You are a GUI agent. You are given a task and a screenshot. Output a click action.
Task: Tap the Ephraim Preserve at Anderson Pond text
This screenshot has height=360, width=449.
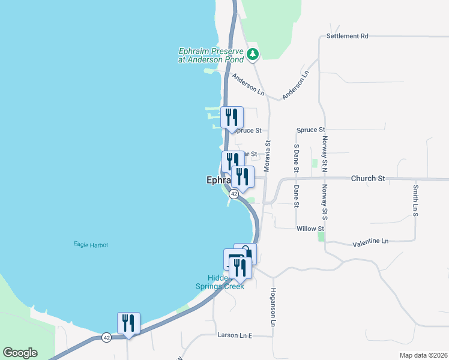[x=211, y=55]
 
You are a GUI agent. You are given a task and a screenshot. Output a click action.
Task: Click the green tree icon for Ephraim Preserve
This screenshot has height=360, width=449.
[x=253, y=55]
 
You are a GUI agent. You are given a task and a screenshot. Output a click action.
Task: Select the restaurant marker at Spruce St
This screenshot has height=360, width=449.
[x=232, y=117]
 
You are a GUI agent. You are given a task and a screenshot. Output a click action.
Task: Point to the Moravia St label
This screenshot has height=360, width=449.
[x=268, y=155]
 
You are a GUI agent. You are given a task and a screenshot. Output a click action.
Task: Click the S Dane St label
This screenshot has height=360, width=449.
[x=296, y=157]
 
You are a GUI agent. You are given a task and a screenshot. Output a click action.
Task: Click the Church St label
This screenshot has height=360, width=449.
[x=368, y=178]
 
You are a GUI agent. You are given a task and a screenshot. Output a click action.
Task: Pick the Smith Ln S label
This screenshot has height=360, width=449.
[x=415, y=200]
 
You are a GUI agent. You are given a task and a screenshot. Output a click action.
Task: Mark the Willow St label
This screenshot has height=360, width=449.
[x=310, y=229]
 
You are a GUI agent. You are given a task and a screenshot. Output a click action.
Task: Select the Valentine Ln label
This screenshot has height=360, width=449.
[x=370, y=241]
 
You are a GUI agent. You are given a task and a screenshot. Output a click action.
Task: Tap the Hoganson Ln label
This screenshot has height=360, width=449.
[x=273, y=307]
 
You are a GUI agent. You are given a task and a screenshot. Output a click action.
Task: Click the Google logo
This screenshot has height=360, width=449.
[x=20, y=353]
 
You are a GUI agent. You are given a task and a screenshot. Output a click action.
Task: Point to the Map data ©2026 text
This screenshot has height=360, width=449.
[x=423, y=355]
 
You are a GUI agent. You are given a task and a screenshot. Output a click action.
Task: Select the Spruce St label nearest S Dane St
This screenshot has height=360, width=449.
[x=311, y=130]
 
